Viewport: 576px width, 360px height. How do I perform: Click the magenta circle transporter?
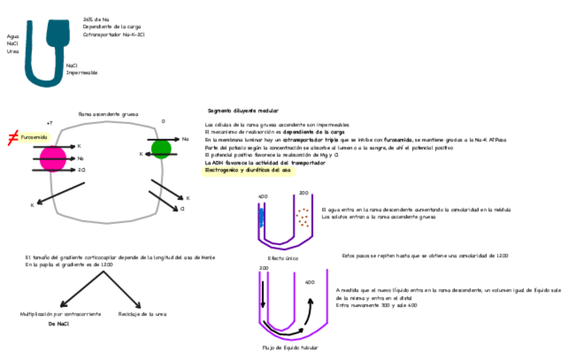click(52, 158)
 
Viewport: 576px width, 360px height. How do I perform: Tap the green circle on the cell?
click(161, 147)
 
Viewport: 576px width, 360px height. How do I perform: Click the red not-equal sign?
click(12, 138)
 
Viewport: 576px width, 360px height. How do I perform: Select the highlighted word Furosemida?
click(34, 137)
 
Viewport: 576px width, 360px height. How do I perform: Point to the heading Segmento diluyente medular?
click(242, 110)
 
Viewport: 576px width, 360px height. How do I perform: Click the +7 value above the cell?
click(49, 123)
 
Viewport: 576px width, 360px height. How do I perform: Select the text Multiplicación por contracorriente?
click(60, 314)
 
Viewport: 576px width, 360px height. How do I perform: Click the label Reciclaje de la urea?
click(142, 314)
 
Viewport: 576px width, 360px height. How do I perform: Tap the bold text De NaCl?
click(59, 325)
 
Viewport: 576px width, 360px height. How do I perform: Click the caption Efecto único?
click(283, 259)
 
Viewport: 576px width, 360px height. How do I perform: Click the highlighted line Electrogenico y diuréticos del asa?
click(247, 171)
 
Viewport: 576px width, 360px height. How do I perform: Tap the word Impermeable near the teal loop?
click(82, 73)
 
